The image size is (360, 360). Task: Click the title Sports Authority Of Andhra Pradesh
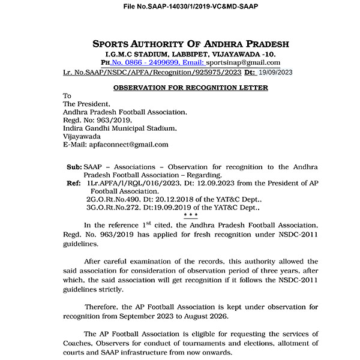(191, 44)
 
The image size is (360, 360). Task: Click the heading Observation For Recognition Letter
(191, 88)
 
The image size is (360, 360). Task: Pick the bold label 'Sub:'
(74, 166)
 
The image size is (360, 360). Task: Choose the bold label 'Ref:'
(74, 182)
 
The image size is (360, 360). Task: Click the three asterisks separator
(191, 215)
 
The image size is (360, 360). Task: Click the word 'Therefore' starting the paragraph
(103, 307)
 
